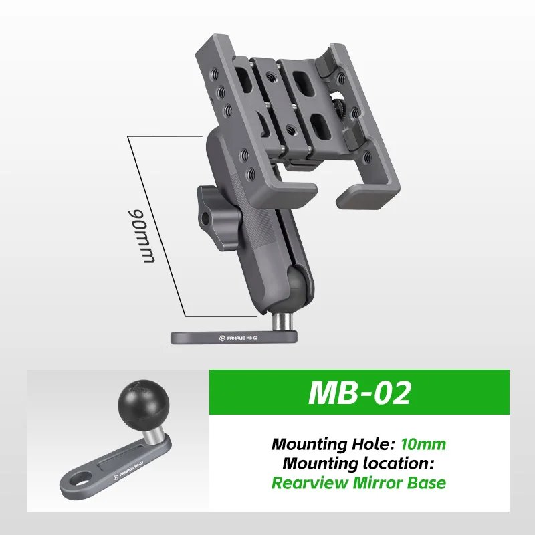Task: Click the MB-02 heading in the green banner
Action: (359, 393)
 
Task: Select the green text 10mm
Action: (423, 443)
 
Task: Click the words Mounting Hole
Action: (333, 443)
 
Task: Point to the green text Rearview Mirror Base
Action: (358, 482)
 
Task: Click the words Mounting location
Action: (358, 462)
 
